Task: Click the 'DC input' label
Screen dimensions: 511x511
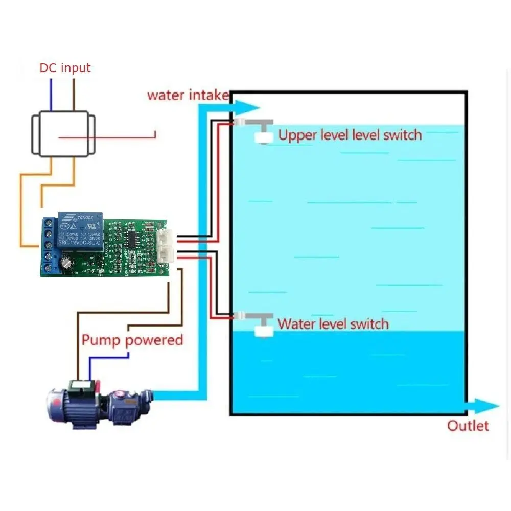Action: [x=65, y=68]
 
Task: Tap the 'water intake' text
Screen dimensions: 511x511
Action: [x=187, y=95]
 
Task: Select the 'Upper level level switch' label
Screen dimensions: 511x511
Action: [x=350, y=135]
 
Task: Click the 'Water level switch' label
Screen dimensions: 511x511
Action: [x=333, y=324]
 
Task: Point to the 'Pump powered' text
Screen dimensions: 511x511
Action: [x=132, y=340]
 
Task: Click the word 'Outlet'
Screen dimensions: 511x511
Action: [x=468, y=426]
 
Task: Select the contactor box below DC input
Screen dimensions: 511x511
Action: [x=63, y=134]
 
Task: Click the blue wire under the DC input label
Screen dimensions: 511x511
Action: [x=51, y=95]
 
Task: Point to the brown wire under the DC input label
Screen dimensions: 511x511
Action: [x=75, y=95]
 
